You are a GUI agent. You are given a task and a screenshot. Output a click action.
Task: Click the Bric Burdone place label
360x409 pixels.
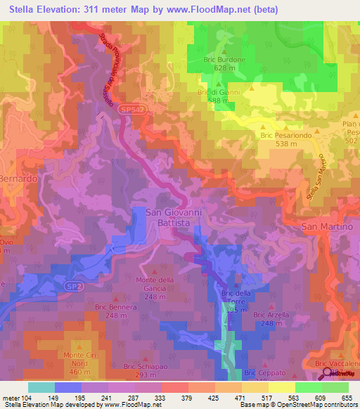point(224,60)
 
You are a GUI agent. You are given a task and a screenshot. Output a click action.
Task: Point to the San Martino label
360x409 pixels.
point(324,226)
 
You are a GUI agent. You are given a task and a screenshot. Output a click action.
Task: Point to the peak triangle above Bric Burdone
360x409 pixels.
point(224,51)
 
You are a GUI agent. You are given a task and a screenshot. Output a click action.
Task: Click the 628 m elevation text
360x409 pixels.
point(224,69)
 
